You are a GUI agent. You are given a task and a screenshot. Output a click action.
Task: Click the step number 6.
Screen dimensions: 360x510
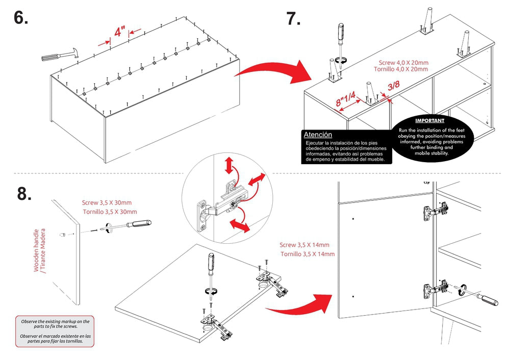click(x=21, y=18)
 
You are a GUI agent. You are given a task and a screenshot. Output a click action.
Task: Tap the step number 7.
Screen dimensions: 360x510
click(x=293, y=18)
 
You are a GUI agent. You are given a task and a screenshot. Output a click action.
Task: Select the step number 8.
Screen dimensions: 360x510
click(x=24, y=193)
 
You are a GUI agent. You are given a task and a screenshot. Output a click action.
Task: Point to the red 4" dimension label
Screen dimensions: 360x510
click(x=120, y=32)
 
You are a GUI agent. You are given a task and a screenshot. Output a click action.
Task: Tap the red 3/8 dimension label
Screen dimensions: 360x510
click(x=393, y=87)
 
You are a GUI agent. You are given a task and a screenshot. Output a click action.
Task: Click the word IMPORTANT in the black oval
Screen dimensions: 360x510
click(x=429, y=121)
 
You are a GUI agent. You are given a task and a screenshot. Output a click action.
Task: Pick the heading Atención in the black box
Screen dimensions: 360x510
click(x=318, y=135)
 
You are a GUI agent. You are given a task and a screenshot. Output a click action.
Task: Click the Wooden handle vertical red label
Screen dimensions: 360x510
click(x=39, y=250)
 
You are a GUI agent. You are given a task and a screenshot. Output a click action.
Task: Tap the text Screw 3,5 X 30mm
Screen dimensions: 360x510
click(x=109, y=202)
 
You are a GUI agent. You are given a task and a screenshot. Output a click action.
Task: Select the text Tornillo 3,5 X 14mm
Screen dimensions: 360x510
click(x=308, y=253)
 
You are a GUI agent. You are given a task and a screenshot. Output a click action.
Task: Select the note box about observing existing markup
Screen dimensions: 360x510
click(x=55, y=331)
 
